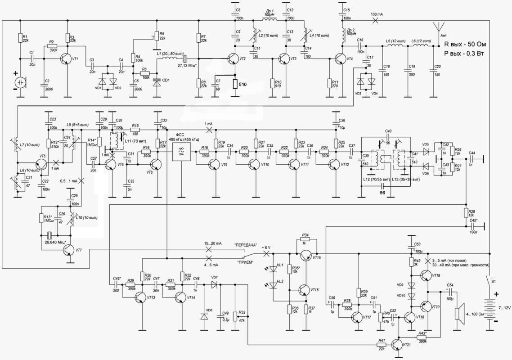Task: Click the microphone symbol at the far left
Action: tap(20, 82)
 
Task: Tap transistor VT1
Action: tap(66, 59)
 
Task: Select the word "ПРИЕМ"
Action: tap(243, 261)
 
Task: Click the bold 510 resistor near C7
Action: tap(234, 84)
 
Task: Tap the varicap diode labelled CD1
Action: tap(157, 83)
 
